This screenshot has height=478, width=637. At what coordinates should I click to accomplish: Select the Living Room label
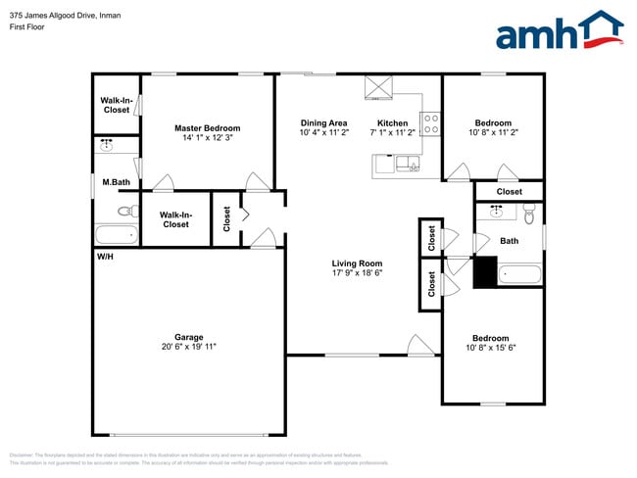coord(357,263)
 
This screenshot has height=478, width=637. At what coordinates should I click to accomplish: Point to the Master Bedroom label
coord(207,128)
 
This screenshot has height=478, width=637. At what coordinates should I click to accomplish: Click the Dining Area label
coord(323,122)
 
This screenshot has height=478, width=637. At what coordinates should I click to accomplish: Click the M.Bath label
coord(117,182)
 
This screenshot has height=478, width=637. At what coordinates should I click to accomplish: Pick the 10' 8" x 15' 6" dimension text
coord(491,348)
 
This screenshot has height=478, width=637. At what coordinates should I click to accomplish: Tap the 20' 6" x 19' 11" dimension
coord(189,346)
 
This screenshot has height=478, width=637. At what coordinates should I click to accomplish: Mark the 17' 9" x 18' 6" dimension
coord(357,273)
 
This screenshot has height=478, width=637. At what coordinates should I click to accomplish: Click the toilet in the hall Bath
coord(529,213)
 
